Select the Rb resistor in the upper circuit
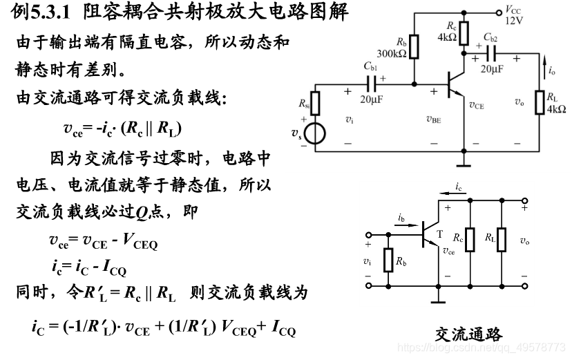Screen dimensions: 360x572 [414, 45]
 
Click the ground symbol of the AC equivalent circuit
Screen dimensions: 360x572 [437, 299]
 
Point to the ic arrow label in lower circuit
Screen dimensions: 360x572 [459, 187]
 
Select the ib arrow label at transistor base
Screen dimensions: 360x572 [401, 217]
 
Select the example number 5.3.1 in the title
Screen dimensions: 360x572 [53, 12]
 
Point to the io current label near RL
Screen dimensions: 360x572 [551, 70]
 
